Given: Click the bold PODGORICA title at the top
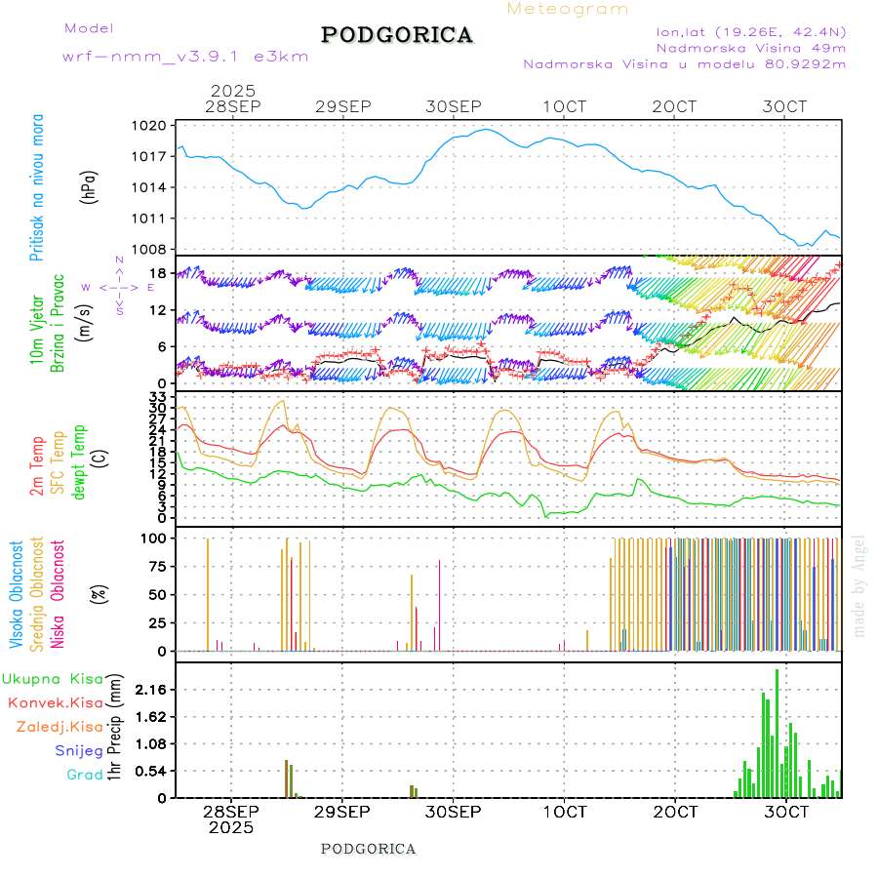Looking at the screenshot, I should point(397,35).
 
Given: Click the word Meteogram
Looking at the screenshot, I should point(568,9).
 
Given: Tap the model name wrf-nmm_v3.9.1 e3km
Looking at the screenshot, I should point(185,56).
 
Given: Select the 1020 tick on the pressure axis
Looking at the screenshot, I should point(150,126).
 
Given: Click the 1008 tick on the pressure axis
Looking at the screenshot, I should point(150,249).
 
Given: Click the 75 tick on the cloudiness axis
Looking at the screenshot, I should point(155,566).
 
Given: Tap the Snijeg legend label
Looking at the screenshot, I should point(79,750).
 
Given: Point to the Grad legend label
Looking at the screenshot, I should point(85,775).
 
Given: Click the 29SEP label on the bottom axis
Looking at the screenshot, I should point(342,812).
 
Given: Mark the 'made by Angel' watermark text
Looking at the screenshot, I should point(859,585).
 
